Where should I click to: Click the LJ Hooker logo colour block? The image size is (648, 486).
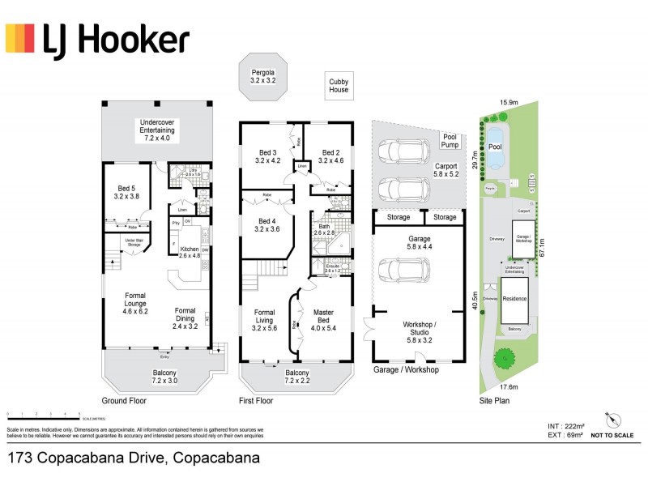pyautogui.click(x=20, y=38)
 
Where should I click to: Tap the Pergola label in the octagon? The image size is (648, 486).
pyautogui.click(x=263, y=77)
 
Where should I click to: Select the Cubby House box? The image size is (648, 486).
pyautogui.click(x=339, y=85)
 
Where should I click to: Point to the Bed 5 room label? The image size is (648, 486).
pyautogui.click(x=126, y=190)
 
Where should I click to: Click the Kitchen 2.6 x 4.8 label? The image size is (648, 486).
pyautogui.click(x=190, y=252)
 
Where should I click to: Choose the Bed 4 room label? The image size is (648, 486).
pyautogui.click(x=267, y=224)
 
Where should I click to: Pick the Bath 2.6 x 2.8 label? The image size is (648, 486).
pyautogui.click(x=324, y=230)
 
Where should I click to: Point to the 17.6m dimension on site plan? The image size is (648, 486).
pyautogui.click(x=509, y=387)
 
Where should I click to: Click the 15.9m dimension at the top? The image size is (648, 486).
pyautogui.click(x=509, y=103)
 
